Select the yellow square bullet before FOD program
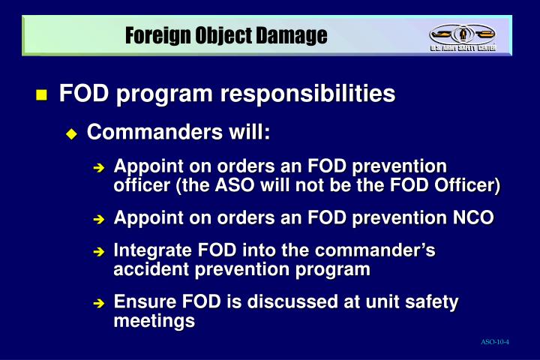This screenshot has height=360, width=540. (41, 95)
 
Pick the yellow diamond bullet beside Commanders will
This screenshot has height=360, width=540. (71, 133)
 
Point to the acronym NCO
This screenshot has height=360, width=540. (474, 218)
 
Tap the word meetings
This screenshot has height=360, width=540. (154, 321)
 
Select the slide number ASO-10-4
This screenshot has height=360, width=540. (495, 343)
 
